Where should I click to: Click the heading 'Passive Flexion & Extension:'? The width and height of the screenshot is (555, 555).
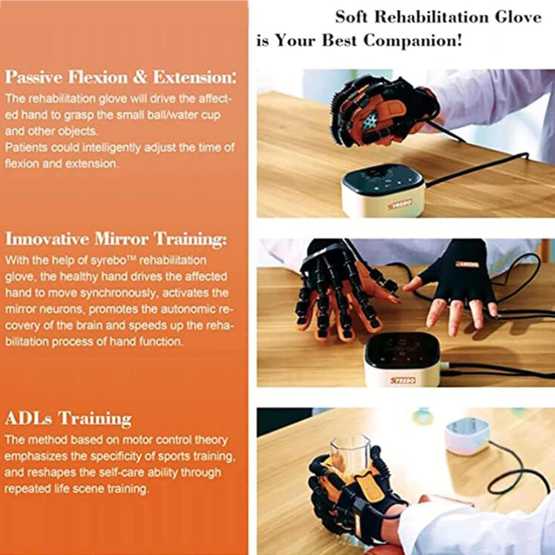120,77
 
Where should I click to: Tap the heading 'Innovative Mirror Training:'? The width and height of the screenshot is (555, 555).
115,239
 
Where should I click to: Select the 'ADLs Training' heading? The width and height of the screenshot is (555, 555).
68,418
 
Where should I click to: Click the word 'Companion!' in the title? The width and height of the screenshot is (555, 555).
412,40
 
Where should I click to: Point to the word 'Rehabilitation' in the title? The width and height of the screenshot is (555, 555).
431,17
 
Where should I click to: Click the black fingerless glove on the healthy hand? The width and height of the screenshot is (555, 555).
462,274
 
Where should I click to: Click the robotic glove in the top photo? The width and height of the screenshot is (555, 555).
381,111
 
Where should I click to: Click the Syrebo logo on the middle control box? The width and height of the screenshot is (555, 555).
403,380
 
